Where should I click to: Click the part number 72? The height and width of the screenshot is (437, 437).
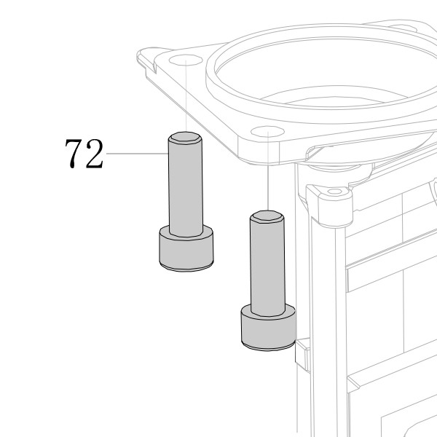coord(84,154)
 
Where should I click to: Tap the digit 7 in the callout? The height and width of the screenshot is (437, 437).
coord(74,154)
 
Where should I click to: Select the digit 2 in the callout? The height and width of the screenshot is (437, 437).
coord(95,154)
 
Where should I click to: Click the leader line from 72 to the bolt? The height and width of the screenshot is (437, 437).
coord(138,153)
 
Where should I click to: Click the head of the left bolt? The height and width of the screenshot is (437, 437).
coord(186,249)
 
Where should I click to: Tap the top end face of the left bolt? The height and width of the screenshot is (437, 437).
coord(186,138)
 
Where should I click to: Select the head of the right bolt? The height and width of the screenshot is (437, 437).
coord(268,328)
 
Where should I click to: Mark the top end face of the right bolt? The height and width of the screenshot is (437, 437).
coord(267,216)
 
